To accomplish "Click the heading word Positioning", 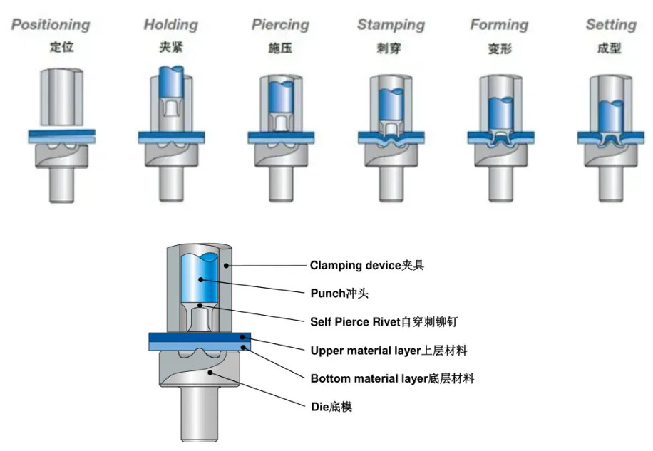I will point(51,25).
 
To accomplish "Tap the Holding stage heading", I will point(171,25).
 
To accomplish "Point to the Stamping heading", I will point(391,25).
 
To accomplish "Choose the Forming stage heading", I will point(500,25).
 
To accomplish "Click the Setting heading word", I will point(611,25).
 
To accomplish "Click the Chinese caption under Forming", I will point(500,49).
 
